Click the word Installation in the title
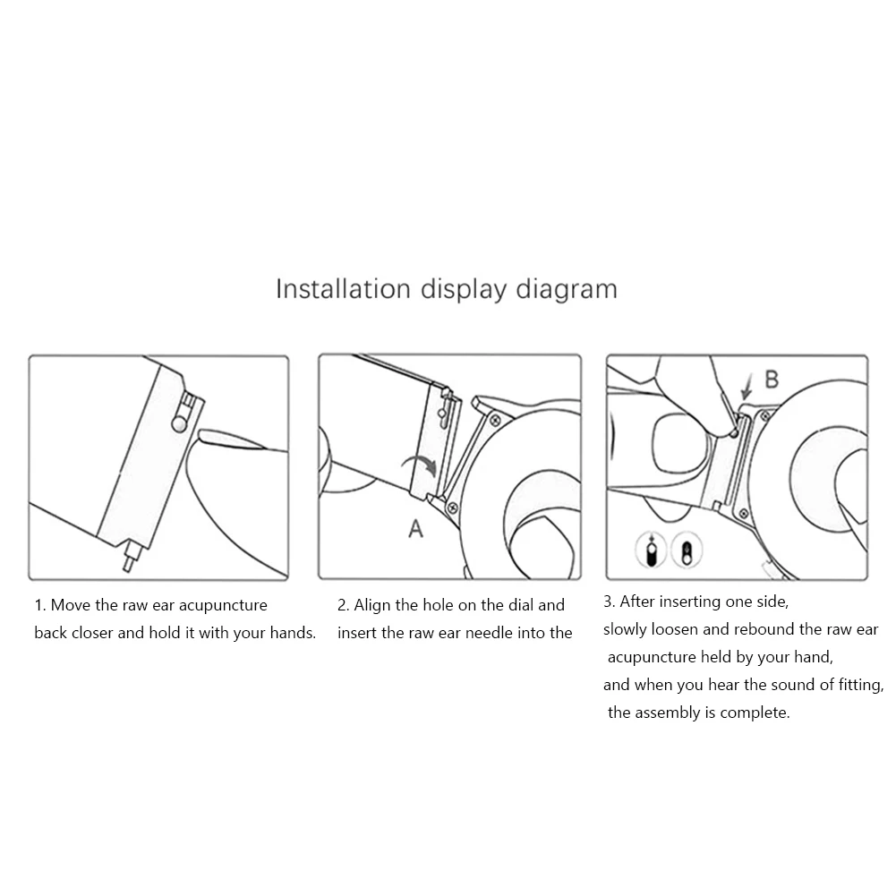[x=343, y=288]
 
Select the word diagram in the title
[x=567, y=290]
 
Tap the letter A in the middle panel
[x=416, y=529]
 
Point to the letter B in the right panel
[x=772, y=380]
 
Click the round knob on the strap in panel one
[x=179, y=423]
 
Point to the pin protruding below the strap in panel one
[x=132, y=556]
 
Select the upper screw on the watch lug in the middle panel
[x=495, y=421]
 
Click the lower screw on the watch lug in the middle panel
[x=452, y=507]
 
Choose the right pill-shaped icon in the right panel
[x=687, y=550]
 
